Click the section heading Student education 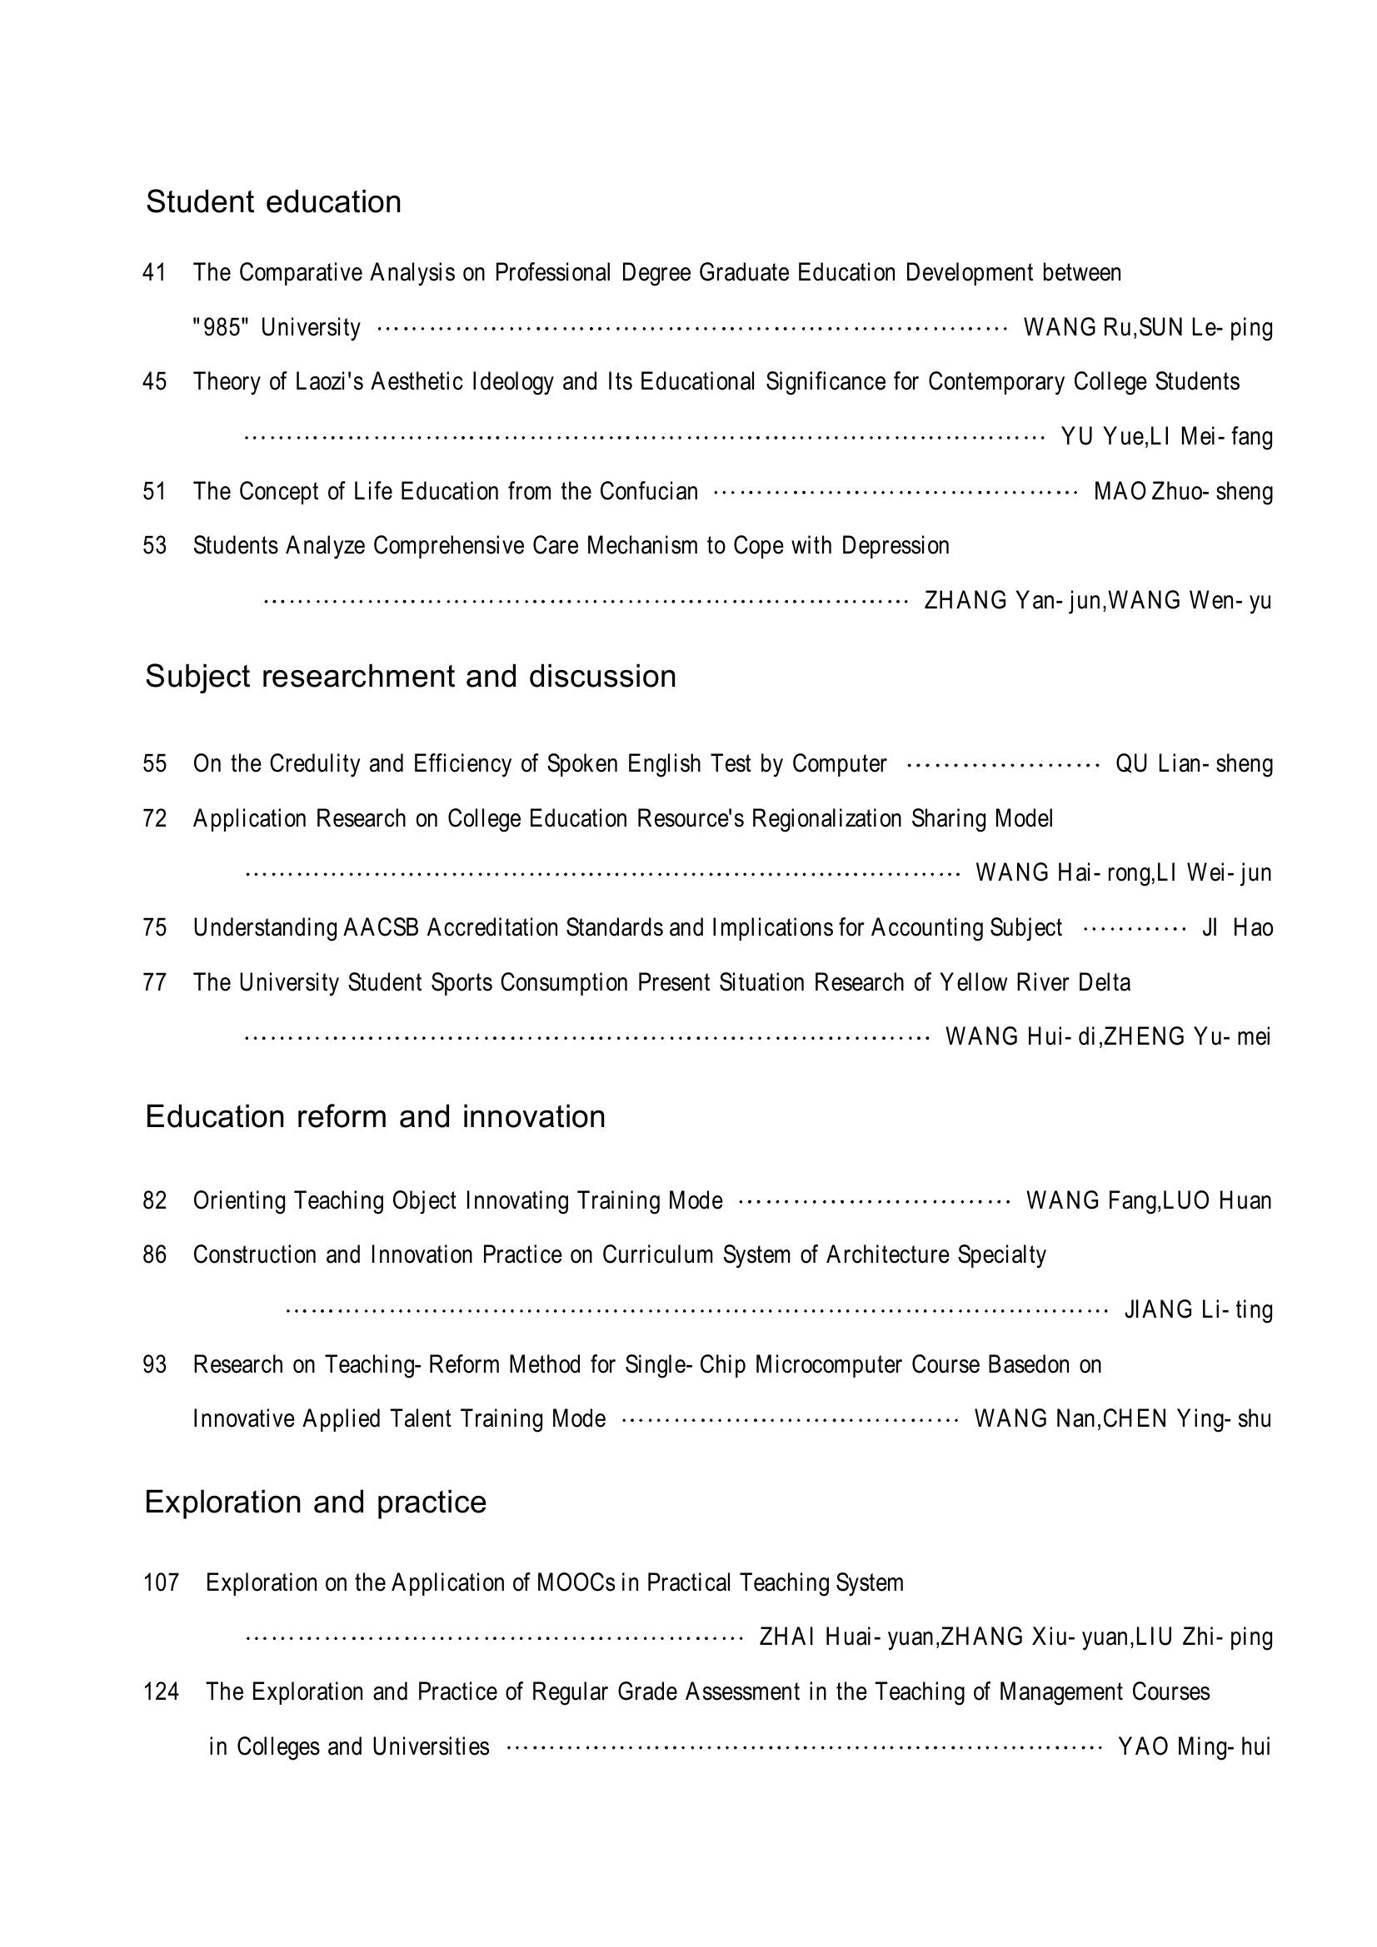[273, 201]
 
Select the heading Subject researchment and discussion [411, 677]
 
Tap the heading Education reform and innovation [375, 1117]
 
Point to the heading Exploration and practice [316, 1502]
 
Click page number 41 [154, 273]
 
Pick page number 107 [162, 1582]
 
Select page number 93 [154, 1364]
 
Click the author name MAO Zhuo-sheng [1183, 492]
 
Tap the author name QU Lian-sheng [1194, 764]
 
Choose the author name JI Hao [1237, 927]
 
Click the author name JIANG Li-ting [1198, 1310]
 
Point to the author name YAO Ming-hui [1194, 1747]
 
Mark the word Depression [896, 545]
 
